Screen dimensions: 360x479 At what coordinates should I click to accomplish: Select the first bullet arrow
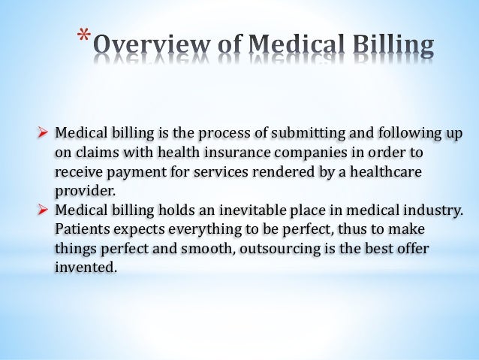coord(44,134)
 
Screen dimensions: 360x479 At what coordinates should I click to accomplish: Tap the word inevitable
coord(245,208)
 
